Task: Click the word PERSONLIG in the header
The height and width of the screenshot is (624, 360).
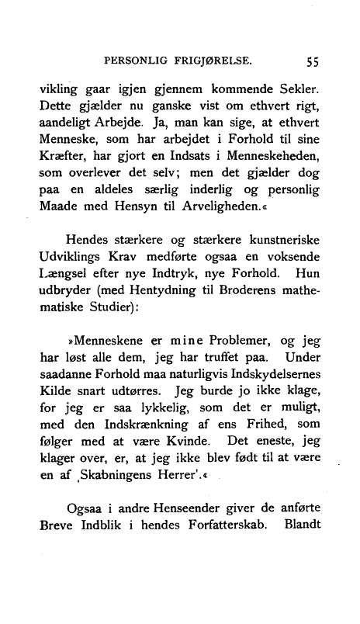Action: tap(136, 60)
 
